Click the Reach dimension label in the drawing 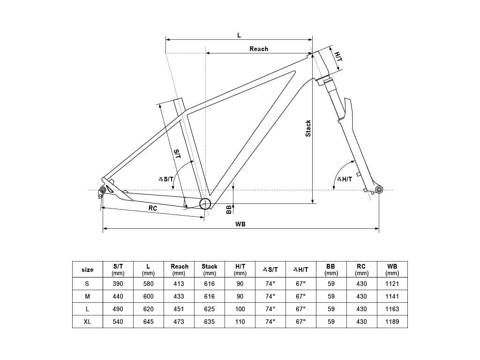click(259, 49)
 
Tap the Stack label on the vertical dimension click(308, 128)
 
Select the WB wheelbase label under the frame click(240, 224)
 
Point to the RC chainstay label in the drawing click(153, 208)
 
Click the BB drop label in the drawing click(229, 210)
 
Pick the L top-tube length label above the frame click(239, 35)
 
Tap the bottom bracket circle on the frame click(205, 203)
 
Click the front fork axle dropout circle click(379, 189)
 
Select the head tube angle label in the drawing click(345, 179)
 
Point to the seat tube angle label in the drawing click(166, 179)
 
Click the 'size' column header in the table click(87, 270)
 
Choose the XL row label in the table click(87, 322)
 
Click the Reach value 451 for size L click(179, 309)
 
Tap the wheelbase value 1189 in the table click(392, 322)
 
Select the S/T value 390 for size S click(118, 284)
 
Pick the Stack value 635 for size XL click(210, 322)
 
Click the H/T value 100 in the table click(240, 309)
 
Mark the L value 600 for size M click(148, 296)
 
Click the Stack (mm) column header click(210, 270)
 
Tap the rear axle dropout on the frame click(103, 190)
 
